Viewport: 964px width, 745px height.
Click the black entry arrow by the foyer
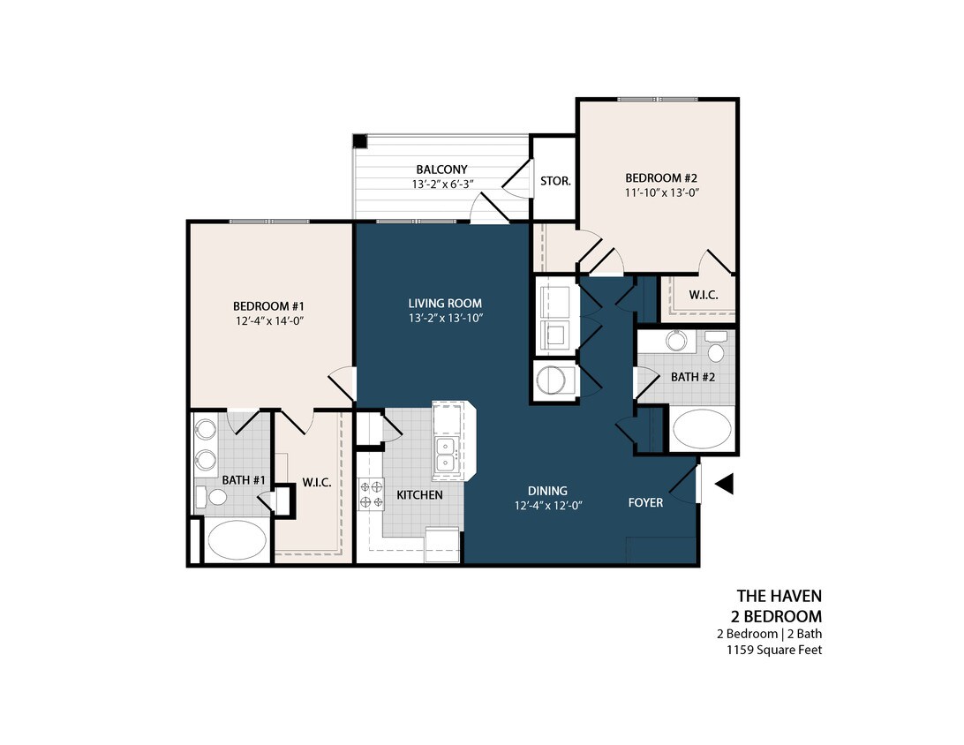click(724, 484)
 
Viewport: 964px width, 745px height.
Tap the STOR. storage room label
click(555, 180)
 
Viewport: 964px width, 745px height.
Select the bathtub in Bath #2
click(702, 430)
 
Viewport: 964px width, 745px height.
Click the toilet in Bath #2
click(716, 348)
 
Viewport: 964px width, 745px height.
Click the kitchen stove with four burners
click(371, 494)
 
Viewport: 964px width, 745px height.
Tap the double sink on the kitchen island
click(446, 453)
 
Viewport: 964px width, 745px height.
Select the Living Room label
click(445, 303)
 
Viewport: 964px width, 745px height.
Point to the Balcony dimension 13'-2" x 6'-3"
click(442, 184)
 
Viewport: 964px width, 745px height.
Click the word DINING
click(547, 491)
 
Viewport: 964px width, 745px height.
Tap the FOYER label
click(645, 502)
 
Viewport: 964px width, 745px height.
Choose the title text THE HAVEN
click(779, 597)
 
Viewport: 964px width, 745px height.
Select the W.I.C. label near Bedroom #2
click(703, 295)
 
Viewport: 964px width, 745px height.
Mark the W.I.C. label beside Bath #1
click(316, 481)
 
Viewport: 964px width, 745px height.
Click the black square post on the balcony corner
click(360, 141)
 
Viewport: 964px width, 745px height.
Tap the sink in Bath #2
click(677, 341)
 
